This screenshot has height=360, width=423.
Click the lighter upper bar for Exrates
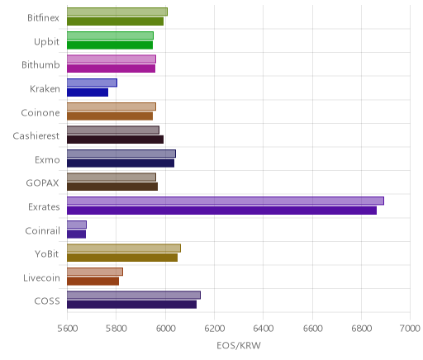pos(226,201)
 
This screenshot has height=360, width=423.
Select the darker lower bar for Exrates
pos(221,211)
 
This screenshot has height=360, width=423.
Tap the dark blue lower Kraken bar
pos(88,92)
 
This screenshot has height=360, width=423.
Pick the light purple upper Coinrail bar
pos(77,225)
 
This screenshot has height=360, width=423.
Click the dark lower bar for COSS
pos(131,305)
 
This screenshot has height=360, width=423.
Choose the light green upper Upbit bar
pos(110,36)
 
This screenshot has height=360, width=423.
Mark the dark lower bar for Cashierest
pos(115,140)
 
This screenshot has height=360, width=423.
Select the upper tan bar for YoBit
pos(124,248)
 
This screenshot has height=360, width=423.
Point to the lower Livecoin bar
pos(93,282)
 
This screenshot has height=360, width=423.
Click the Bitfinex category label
pos(43,18)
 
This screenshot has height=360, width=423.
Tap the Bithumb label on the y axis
pos(40,65)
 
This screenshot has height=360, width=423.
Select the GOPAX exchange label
pos(42,183)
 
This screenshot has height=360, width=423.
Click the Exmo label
pos(47,160)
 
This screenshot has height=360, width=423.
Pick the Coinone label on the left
pos(40,112)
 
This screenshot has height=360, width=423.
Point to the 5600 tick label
pos(67,329)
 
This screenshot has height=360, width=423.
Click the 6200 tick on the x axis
pos(214,329)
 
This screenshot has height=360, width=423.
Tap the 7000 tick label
pos(410,329)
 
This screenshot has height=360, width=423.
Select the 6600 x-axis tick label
pos(312,329)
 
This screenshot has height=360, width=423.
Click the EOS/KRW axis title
pos(239,346)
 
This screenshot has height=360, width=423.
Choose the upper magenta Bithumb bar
pos(112,59)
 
